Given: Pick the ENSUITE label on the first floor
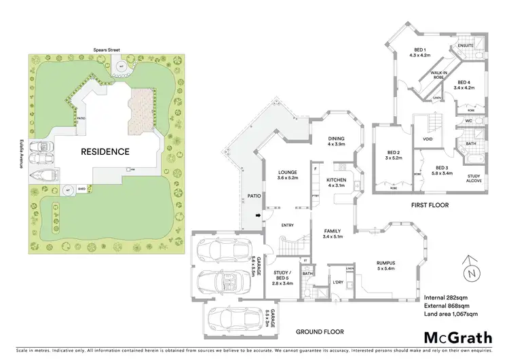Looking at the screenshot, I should pyautogui.click(x=465, y=46).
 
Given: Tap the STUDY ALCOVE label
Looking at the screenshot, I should pyautogui.click(x=473, y=179).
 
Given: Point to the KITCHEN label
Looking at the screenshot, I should pyautogui.click(x=337, y=180).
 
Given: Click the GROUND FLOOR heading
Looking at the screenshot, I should pyautogui.click(x=320, y=332).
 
